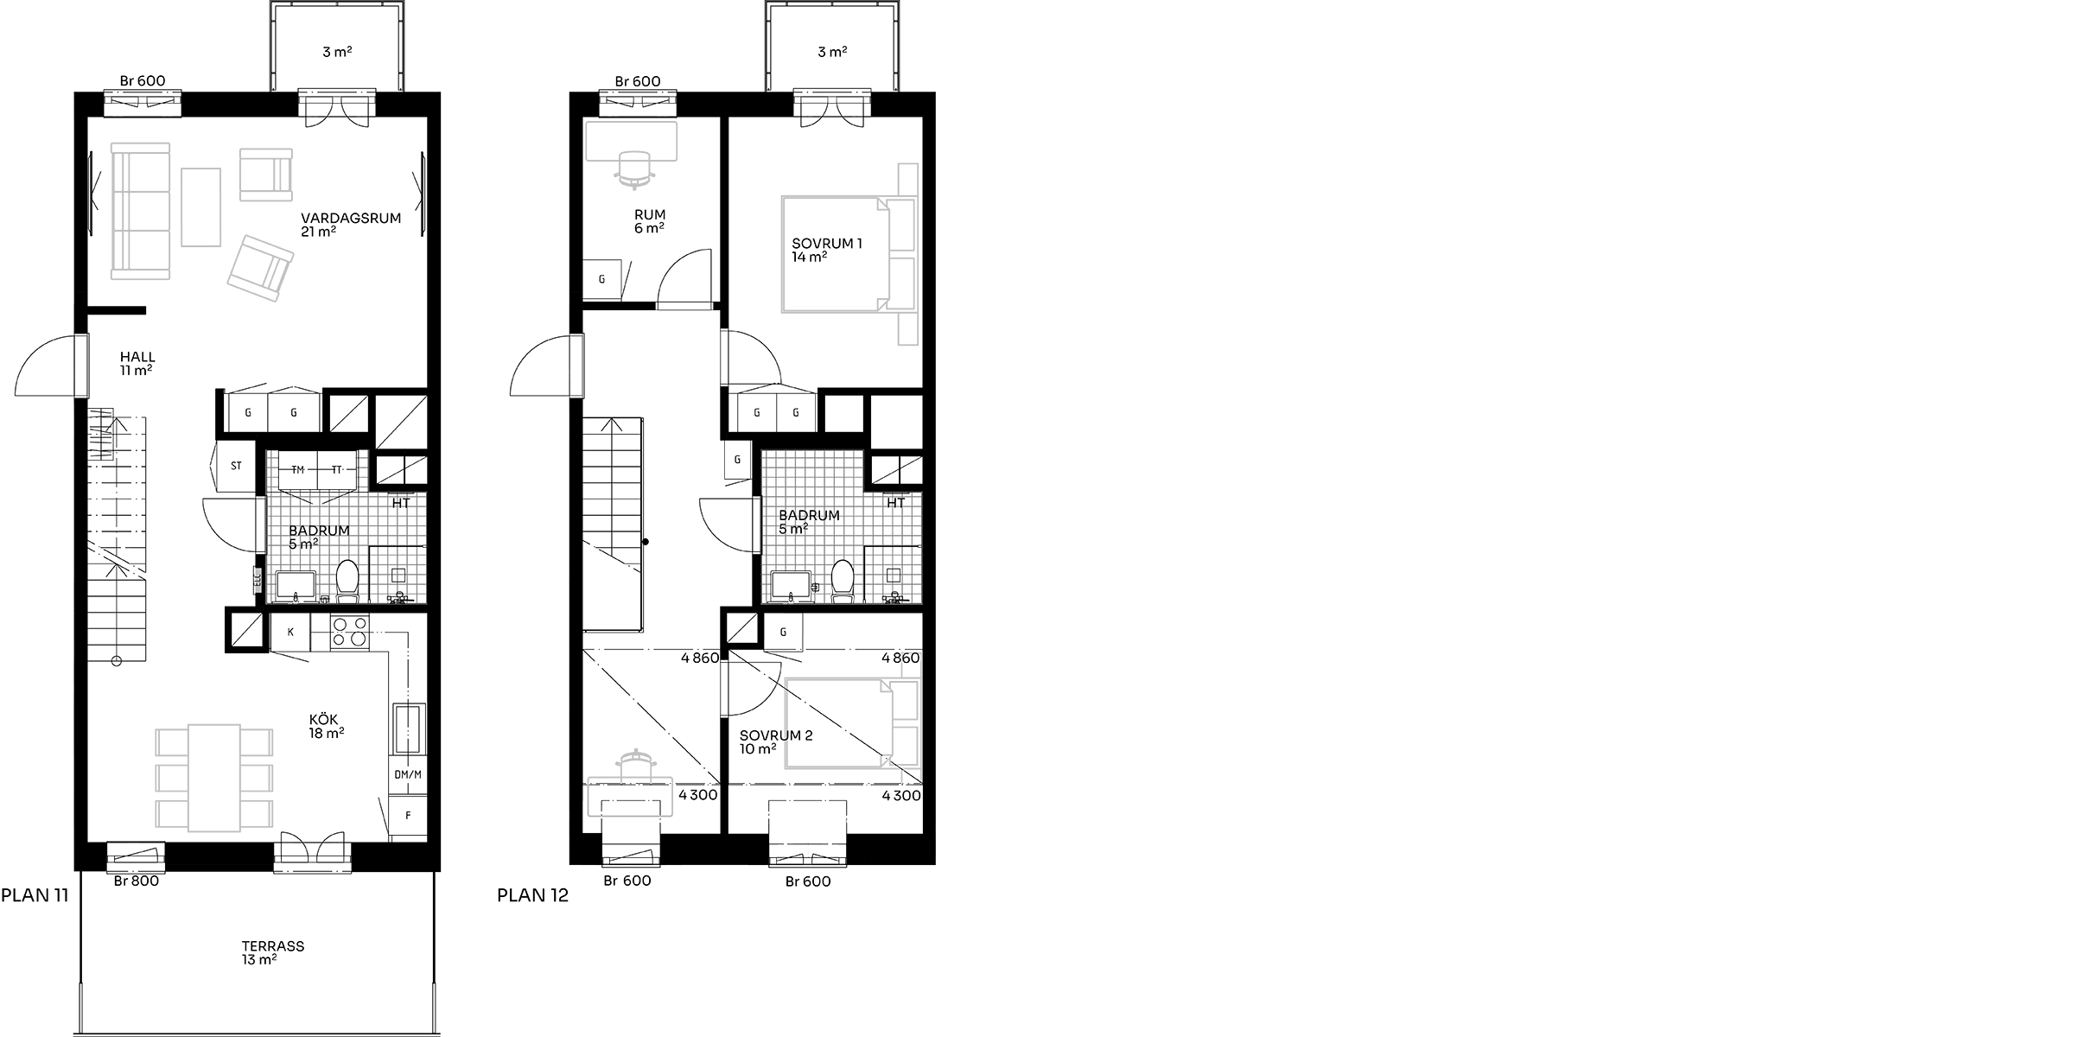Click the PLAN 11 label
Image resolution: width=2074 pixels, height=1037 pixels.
tap(35, 895)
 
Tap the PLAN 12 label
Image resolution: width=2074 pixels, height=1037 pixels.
tap(532, 896)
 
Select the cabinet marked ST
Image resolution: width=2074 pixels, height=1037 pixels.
tap(236, 467)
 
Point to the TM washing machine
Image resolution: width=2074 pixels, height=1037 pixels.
tap(298, 470)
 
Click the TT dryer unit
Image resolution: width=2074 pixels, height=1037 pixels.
tap(337, 470)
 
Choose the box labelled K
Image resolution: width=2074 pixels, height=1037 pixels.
tap(290, 633)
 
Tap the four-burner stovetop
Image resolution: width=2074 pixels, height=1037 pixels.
tap(350, 632)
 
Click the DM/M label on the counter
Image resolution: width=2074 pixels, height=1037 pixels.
tap(408, 775)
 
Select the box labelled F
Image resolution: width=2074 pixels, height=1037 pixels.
tap(408, 816)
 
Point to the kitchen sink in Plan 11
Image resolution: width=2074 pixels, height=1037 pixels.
tap(408, 730)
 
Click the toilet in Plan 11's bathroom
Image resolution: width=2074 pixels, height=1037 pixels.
tap(347, 580)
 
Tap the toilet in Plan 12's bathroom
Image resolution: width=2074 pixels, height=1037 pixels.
tap(843, 580)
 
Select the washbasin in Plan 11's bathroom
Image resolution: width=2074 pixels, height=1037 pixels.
tap(296, 585)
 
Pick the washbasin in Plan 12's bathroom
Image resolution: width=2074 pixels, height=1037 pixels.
tap(791, 585)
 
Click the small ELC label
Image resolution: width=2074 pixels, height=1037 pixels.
tap(257, 581)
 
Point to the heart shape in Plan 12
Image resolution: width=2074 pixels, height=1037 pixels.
tap(910, 661)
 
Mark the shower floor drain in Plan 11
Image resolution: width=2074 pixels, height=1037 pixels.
tap(398, 573)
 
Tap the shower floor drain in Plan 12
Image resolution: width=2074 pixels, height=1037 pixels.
tap(894, 573)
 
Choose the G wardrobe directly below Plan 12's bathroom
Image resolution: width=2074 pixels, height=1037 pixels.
tap(783, 633)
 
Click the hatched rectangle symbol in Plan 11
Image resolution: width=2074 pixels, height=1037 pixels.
tap(100, 434)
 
